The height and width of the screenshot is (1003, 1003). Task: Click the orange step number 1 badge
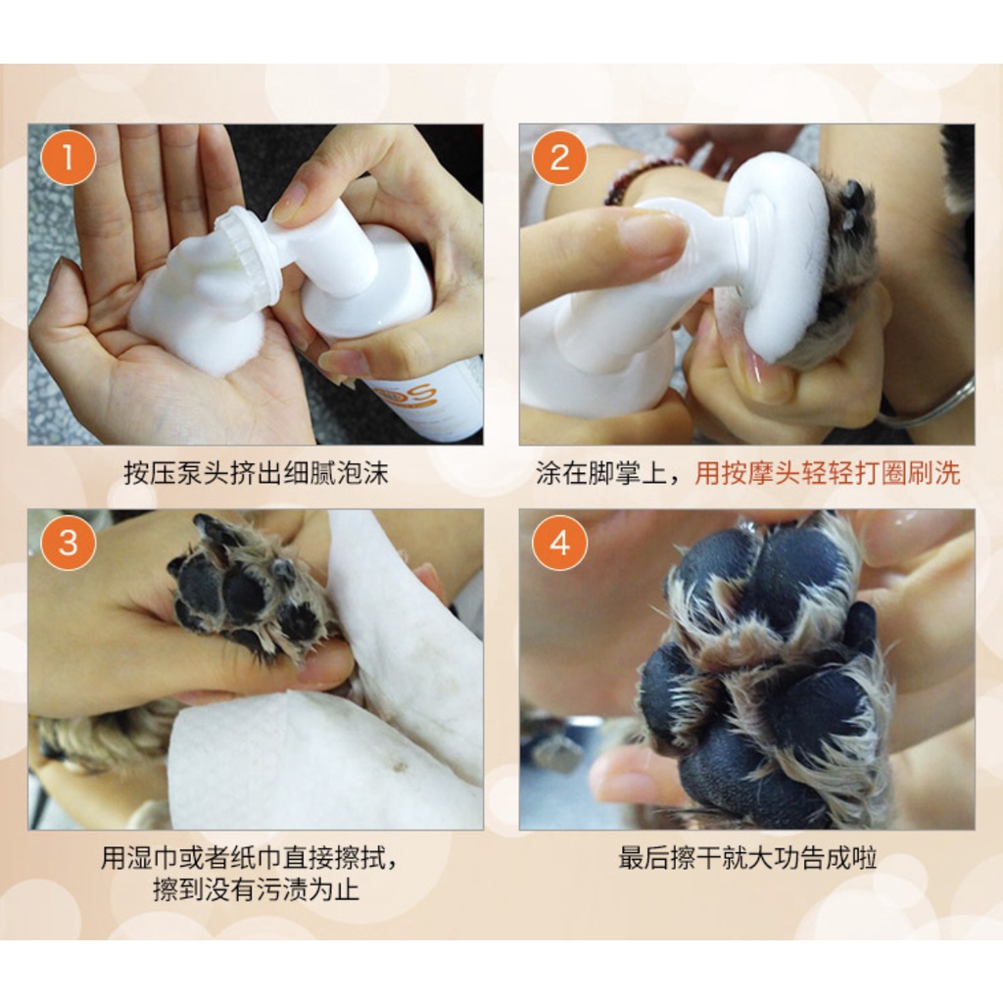(68, 158)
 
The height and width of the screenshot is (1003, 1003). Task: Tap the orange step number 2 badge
(559, 158)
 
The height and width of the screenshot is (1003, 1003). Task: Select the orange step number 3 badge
(68, 543)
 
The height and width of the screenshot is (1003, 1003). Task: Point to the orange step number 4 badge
(559, 543)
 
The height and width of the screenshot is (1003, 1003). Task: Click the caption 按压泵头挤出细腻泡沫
(256, 474)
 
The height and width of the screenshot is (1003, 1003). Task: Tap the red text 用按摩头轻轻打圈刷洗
(828, 474)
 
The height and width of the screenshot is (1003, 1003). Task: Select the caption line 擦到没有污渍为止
(256, 889)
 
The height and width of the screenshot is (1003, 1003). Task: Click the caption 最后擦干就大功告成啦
(747, 858)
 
